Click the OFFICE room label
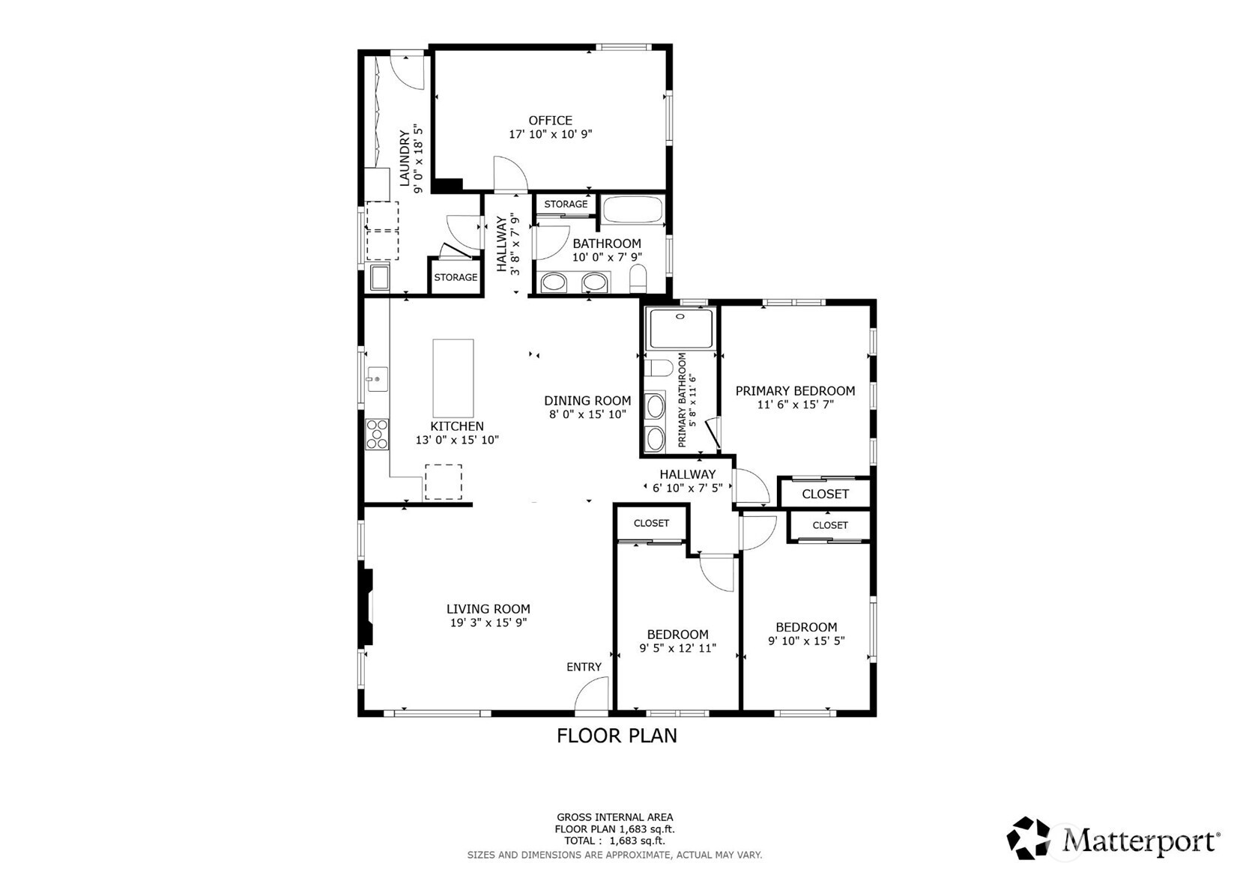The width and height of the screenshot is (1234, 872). pos(550,121)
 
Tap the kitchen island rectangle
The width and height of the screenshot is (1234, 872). pos(453,378)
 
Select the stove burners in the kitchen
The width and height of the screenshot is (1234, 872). pos(377,435)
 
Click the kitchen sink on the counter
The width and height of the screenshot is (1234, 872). pos(377,379)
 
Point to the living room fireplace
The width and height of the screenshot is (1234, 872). pos(366,607)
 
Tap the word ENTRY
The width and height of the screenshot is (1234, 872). pos(584,667)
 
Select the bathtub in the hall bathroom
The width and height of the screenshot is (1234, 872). pos(633,210)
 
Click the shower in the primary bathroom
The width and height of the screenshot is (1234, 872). pos(680,328)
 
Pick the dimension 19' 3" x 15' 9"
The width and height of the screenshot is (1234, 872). pos(488,623)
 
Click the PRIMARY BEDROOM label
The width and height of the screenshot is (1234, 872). pos(795,391)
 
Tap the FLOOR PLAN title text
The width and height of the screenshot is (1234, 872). pos(617,736)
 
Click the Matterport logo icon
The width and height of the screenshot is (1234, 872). pos(1029,838)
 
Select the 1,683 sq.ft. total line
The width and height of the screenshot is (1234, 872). pos(615,841)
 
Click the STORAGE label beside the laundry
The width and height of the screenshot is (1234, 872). pos(456,277)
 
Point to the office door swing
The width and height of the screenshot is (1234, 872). pos(509,174)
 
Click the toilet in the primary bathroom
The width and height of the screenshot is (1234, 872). pos(660,368)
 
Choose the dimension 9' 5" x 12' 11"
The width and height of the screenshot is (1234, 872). pos(677,648)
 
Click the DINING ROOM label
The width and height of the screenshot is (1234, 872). pos(587,401)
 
